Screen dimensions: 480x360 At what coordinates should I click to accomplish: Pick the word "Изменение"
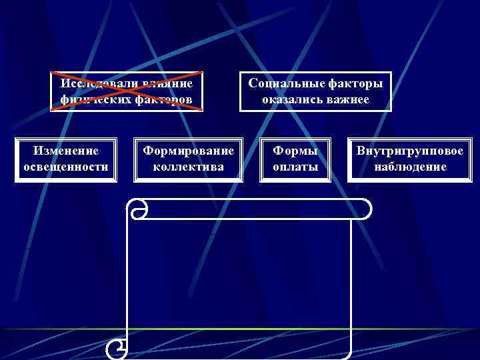(x=66, y=151)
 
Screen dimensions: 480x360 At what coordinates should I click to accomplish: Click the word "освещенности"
(x=66, y=167)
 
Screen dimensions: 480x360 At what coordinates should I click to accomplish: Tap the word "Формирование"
(x=189, y=151)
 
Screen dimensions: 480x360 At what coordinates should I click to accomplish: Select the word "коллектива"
(x=189, y=167)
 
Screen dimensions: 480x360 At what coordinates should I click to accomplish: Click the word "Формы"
(x=295, y=151)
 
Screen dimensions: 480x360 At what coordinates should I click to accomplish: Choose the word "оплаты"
(x=295, y=167)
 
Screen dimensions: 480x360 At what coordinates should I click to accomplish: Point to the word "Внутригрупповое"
(x=409, y=151)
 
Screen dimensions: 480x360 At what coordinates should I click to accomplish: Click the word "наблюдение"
(x=409, y=167)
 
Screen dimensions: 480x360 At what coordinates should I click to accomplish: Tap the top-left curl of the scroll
(x=139, y=209)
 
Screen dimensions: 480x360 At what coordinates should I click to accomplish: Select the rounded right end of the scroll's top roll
(x=363, y=209)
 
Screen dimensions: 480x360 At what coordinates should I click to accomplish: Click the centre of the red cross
(x=127, y=91)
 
